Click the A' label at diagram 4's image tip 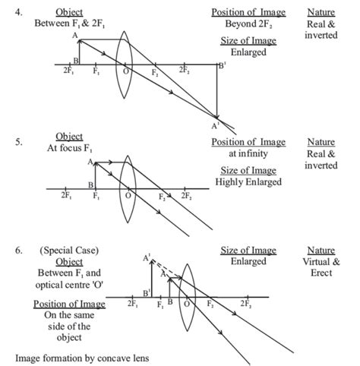216,125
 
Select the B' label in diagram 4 221,67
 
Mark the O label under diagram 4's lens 126,73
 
